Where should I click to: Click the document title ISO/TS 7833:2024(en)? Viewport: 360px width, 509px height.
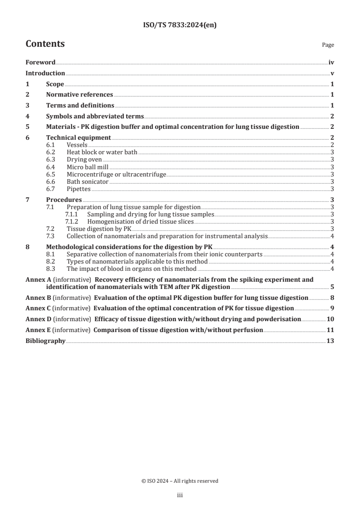[180, 25]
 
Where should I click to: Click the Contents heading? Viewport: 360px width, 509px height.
[45, 44]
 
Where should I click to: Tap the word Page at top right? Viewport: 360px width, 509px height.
[328, 45]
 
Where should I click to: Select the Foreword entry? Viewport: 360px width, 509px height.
[40, 63]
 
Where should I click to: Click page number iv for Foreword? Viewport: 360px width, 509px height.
[331, 63]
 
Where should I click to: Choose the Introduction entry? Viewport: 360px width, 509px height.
[45, 73]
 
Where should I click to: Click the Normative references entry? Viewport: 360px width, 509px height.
[79, 95]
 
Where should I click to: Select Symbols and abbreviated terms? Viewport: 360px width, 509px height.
[95, 116]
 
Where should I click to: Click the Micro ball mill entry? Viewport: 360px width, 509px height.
[87, 167]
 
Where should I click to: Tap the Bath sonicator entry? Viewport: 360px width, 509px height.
[88, 181]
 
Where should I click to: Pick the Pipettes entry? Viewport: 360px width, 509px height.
[79, 189]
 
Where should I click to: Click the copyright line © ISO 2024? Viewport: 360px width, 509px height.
[180, 481]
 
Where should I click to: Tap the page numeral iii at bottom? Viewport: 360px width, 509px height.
[180, 495]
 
